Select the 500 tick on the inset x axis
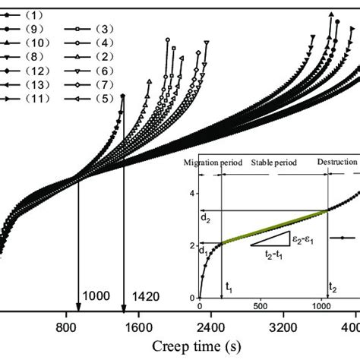pos(260,306)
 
